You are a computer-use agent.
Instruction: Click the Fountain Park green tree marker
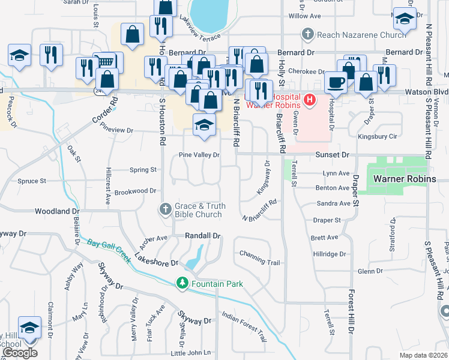pos(182,283)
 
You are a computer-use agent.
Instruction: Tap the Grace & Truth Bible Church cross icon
pos(166,209)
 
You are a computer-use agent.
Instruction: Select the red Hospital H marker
pos(310,99)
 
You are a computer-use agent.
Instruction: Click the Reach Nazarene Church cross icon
pos(307,35)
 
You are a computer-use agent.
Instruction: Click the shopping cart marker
pos(106,61)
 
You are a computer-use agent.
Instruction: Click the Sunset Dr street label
pos(332,154)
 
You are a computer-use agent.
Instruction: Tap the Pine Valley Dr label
pos(200,155)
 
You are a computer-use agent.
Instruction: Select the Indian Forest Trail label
pos(244,326)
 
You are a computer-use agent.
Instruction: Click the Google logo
pos(19,353)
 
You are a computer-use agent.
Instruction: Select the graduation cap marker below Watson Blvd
pos(203,125)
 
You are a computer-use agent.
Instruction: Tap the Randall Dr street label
pos(203,236)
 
